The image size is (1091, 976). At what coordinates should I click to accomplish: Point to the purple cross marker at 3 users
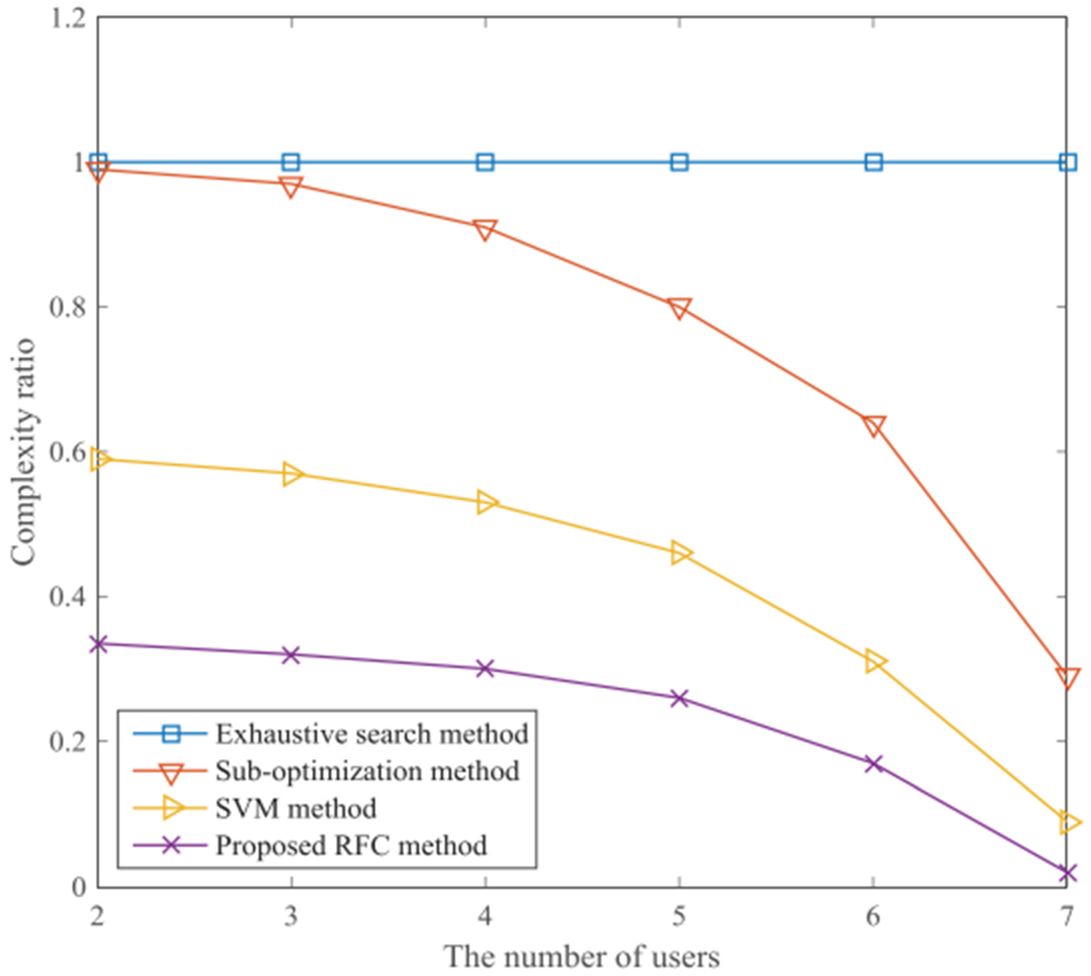click(291, 655)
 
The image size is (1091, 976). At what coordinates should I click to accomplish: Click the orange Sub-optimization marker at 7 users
click(1067, 677)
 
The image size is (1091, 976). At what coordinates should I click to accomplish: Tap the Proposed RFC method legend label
click(351, 845)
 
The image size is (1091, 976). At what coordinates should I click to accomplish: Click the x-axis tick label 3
click(291, 917)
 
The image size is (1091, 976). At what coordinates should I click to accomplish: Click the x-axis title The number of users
click(582, 957)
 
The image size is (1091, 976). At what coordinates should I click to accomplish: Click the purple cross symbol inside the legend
click(171, 845)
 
